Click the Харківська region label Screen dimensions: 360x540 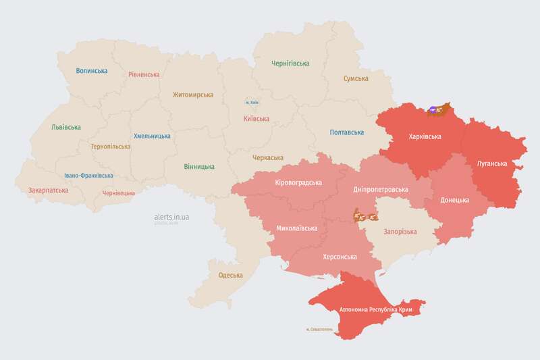click(425, 136)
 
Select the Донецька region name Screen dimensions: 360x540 click(454, 201)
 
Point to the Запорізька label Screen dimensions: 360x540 click(400, 232)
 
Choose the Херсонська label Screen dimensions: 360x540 click(340, 257)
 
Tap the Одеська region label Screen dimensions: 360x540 click(230, 275)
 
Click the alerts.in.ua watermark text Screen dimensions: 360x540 click(171, 216)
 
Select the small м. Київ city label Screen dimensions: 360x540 click(252, 102)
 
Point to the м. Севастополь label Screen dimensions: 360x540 click(319, 330)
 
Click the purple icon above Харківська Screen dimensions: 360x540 click(434, 108)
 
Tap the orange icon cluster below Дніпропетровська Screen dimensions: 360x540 click(365, 217)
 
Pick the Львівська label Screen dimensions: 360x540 click(66, 127)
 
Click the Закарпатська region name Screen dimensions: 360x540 click(48, 191)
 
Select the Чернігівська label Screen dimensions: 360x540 click(290, 63)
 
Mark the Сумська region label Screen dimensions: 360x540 click(356, 79)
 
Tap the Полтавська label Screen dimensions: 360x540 click(347, 132)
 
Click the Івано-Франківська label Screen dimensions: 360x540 click(88, 176)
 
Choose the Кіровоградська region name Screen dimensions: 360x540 click(298, 183)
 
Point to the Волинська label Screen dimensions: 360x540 click(92, 71)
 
